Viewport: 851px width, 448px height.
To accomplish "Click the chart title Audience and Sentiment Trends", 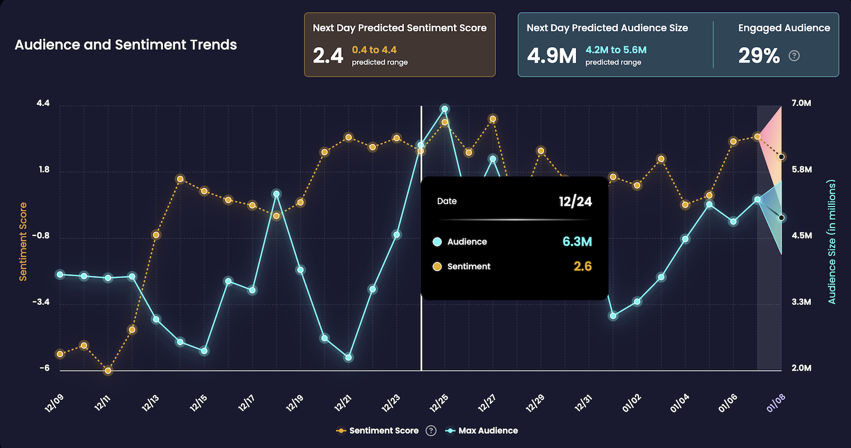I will tap(126, 45).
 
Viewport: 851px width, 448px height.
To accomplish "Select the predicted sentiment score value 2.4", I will tap(328, 55).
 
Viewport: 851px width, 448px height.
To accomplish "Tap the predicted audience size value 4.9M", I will tap(551, 55).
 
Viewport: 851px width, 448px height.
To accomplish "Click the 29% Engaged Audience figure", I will tap(759, 56).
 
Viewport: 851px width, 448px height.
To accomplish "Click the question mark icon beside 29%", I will tap(794, 56).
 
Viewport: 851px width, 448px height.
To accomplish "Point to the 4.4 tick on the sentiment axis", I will tap(43, 104).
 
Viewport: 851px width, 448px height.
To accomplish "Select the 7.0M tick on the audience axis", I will tap(802, 104).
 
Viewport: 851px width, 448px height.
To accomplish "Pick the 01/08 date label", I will tap(776, 401).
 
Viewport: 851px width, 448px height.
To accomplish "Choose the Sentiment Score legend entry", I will tap(384, 431).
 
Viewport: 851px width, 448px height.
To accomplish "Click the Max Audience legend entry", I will tap(488, 431).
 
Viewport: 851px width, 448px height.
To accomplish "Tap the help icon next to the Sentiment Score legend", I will tap(431, 431).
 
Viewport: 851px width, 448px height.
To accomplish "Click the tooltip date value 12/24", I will tap(575, 201).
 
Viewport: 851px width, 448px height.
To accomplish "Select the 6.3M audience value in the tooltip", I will tap(577, 241).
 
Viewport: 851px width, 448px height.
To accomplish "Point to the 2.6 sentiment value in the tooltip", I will tap(582, 266).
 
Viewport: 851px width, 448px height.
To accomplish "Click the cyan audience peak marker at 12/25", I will tap(445, 109).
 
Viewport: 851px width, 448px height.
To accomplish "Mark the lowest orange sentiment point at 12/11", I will tap(108, 371).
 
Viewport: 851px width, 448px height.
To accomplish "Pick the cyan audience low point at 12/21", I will tap(349, 357).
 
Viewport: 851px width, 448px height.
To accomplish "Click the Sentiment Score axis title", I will tap(23, 241).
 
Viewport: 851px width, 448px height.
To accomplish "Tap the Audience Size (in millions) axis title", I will tap(832, 241).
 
